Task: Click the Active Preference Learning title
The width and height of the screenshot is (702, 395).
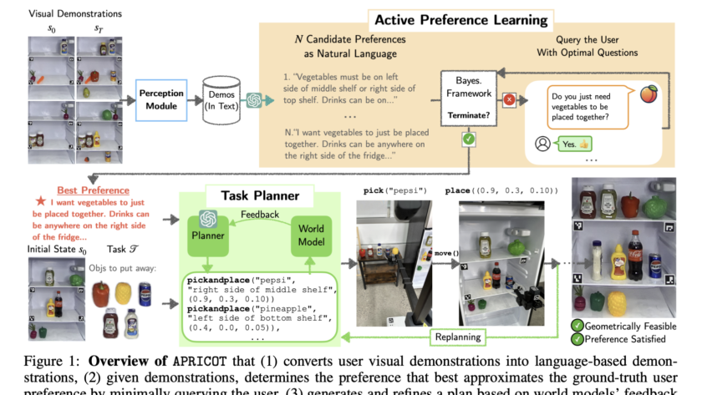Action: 460,19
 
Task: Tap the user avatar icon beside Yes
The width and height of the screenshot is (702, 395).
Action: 542,144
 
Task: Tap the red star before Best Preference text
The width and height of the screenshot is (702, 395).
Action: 40,201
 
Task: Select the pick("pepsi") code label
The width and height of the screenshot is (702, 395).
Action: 394,190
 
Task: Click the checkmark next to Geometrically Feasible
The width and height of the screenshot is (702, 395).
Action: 577,326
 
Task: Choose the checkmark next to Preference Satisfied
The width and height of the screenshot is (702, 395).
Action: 577,339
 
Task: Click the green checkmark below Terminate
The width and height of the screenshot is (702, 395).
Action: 469,138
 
